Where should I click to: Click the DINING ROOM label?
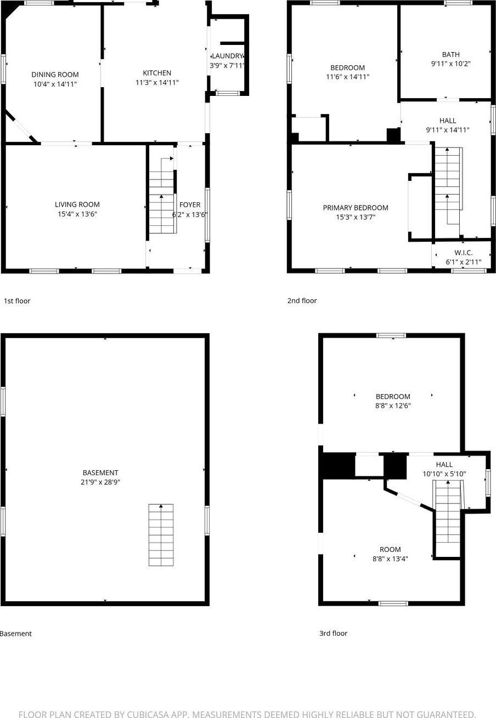pos(55,75)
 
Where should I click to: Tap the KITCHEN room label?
pos(157,73)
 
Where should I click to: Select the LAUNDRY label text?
pos(227,56)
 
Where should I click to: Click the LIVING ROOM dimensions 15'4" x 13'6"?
pos(78,214)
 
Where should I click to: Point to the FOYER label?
pos(190,205)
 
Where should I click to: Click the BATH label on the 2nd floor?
pos(451,54)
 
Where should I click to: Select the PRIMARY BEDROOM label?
pos(356,208)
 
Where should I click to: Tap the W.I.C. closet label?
pos(463,253)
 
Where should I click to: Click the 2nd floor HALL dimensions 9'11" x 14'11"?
pos(448,130)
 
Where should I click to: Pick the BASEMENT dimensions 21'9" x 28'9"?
pos(100,482)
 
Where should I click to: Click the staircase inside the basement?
pos(161,535)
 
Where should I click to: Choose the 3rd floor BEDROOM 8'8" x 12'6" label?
pos(393,397)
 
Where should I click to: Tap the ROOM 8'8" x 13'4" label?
pos(390,550)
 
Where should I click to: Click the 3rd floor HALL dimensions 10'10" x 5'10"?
pos(444,474)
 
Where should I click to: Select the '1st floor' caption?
pos(17,301)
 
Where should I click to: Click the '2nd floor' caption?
pos(302,301)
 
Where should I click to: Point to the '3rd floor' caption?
pos(334,634)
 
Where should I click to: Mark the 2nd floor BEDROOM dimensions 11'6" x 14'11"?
pos(348,77)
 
